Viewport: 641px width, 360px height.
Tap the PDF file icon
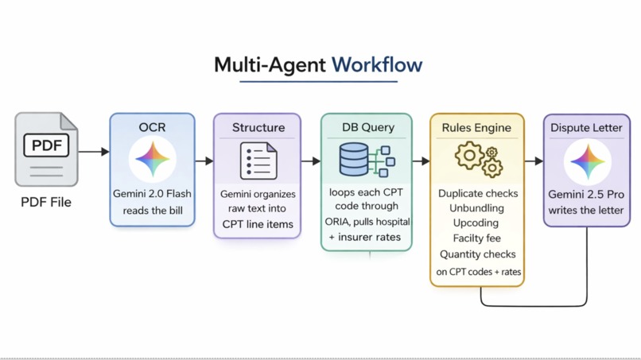click(46, 149)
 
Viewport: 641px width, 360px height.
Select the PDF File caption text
click(46, 203)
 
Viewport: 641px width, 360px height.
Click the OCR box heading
click(152, 127)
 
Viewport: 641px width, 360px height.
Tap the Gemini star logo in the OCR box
click(152, 159)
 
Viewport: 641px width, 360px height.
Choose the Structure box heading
click(258, 127)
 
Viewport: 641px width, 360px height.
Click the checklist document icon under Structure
click(258, 161)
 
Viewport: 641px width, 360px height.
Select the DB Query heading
click(367, 127)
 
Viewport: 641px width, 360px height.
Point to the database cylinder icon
click(354, 160)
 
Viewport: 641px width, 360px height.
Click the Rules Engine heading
click(477, 127)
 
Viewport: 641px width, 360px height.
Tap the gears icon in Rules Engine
click(478, 160)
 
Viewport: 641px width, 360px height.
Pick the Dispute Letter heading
click(587, 127)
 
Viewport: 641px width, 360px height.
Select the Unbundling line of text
click(477, 208)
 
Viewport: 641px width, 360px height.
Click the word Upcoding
click(477, 223)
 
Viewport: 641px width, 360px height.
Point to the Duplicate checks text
click(477, 193)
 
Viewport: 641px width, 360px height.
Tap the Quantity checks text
click(477, 254)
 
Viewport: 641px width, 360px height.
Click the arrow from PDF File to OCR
click(94, 151)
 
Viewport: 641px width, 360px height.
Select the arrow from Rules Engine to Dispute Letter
click(534, 161)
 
